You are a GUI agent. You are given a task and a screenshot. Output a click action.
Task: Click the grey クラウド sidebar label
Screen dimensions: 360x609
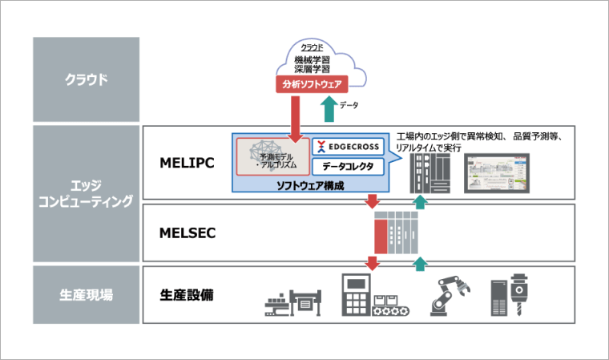[x=86, y=79]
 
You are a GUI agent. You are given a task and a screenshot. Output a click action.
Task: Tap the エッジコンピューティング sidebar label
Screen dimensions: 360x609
[x=86, y=192]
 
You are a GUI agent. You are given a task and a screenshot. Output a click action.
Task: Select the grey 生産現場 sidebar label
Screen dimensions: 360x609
[x=86, y=294]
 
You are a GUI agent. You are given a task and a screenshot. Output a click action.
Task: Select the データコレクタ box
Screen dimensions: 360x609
[x=347, y=168]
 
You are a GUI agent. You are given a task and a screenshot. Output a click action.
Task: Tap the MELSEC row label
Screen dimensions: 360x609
[x=186, y=234]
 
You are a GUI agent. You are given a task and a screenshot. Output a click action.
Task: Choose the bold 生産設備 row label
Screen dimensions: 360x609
[x=186, y=294]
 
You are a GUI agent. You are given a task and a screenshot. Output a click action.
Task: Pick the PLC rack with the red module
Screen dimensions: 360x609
[x=395, y=233]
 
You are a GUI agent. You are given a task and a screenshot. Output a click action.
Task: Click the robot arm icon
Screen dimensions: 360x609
[x=446, y=298]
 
